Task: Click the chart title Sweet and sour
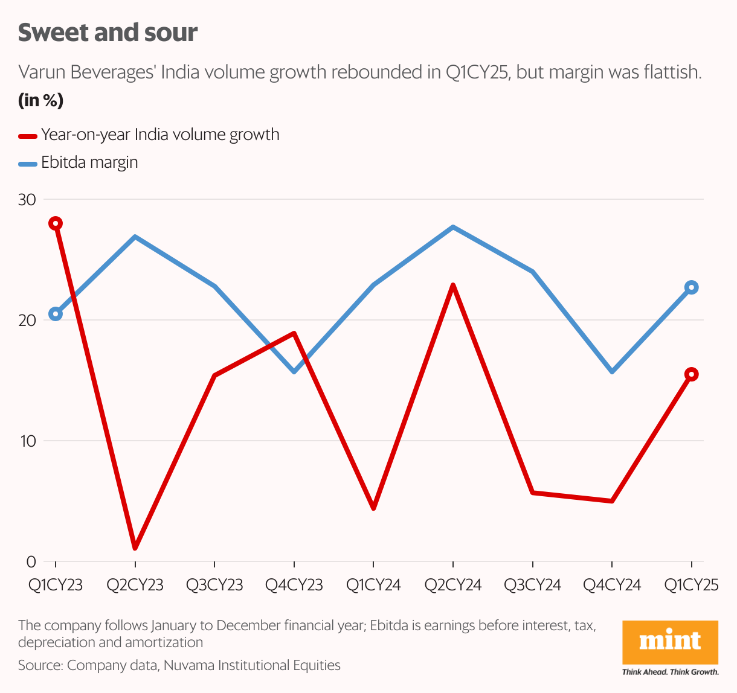click(108, 33)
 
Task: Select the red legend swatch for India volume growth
click(28, 135)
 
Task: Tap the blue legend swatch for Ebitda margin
click(28, 163)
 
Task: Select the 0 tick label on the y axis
click(31, 562)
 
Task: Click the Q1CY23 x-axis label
click(56, 585)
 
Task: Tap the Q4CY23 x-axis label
click(294, 585)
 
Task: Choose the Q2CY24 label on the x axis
click(453, 585)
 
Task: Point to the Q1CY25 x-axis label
click(691, 585)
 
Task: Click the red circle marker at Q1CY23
click(56, 224)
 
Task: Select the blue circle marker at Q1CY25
click(691, 287)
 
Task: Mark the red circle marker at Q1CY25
click(691, 374)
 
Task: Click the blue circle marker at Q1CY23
click(56, 314)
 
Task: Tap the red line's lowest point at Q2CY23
click(135, 548)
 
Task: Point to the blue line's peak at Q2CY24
click(453, 227)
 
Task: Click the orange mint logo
click(670, 642)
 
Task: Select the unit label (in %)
click(40, 100)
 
